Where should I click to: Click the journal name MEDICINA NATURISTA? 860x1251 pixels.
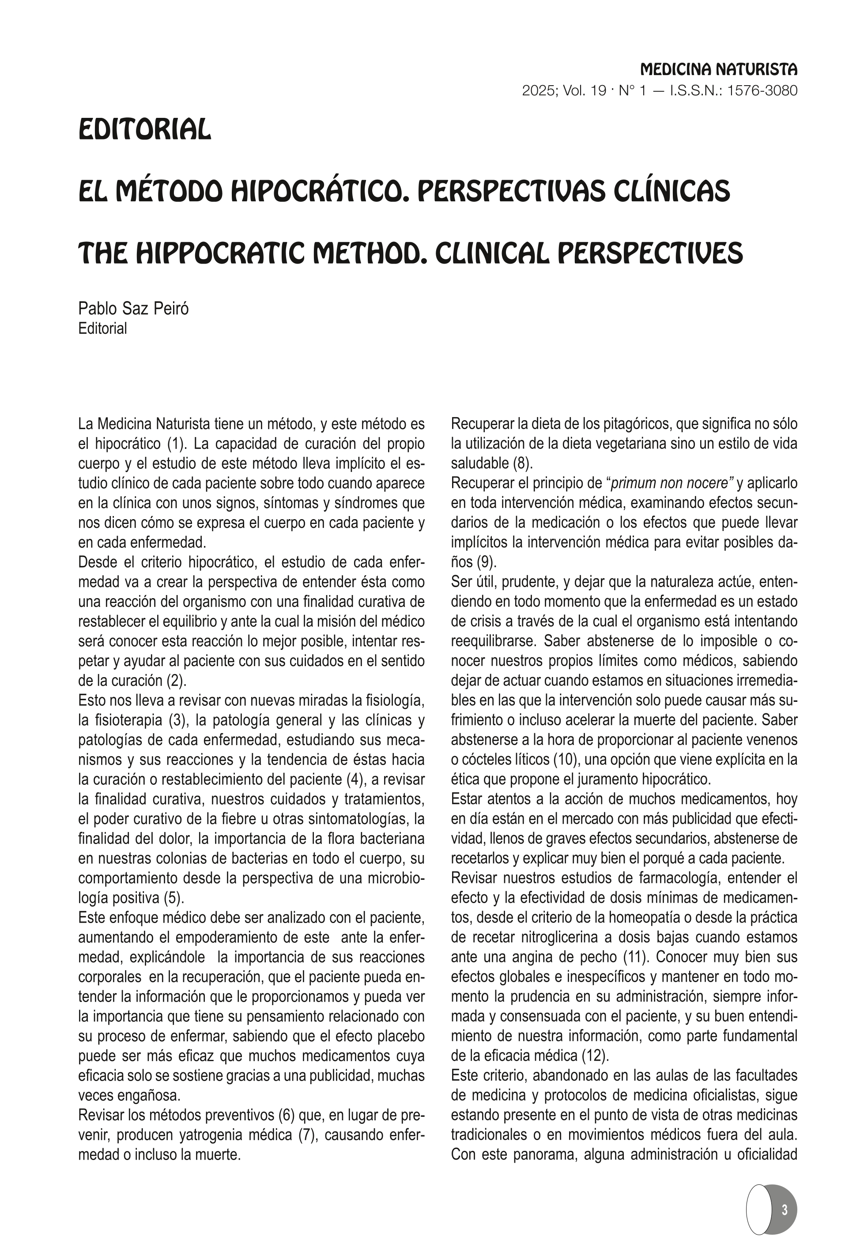coord(718,69)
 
